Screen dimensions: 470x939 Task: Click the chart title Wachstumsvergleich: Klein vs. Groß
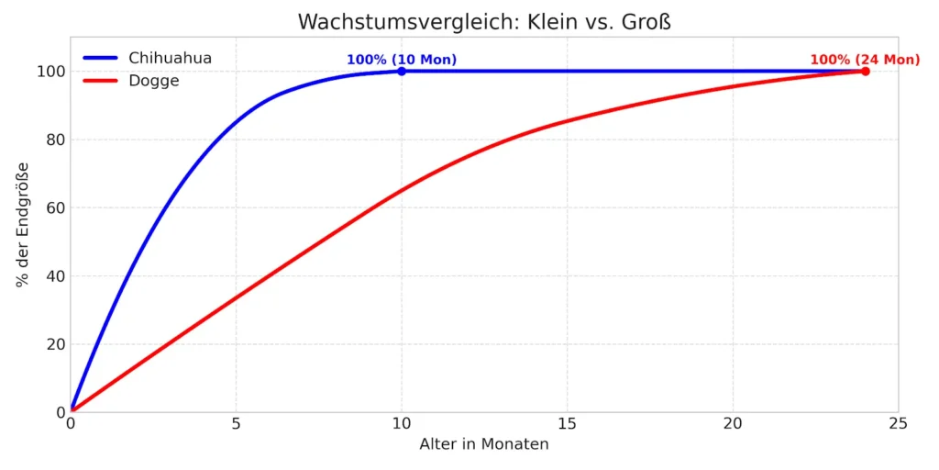[484, 22]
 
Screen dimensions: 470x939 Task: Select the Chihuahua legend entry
[170, 58]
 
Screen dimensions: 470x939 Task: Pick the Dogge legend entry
[153, 81]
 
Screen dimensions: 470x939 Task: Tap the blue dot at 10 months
[402, 71]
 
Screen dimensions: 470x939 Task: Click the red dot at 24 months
[865, 71]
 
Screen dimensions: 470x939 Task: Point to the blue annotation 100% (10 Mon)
[402, 61]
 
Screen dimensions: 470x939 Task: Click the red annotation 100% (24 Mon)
[865, 61]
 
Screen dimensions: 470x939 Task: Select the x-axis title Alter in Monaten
[484, 444]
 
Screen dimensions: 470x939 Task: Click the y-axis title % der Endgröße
[23, 225]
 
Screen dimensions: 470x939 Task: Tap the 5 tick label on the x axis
[236, 424]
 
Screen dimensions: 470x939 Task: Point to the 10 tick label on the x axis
[402, 424]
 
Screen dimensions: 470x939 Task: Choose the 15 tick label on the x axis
[567, 424]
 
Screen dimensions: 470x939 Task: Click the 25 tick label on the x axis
[899, 424]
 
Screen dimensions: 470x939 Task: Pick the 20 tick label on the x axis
[733, 424]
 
